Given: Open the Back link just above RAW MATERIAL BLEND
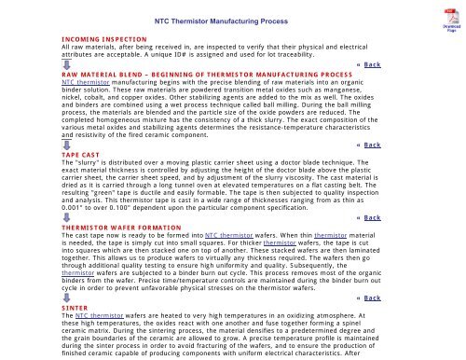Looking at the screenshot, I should (371, 64).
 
